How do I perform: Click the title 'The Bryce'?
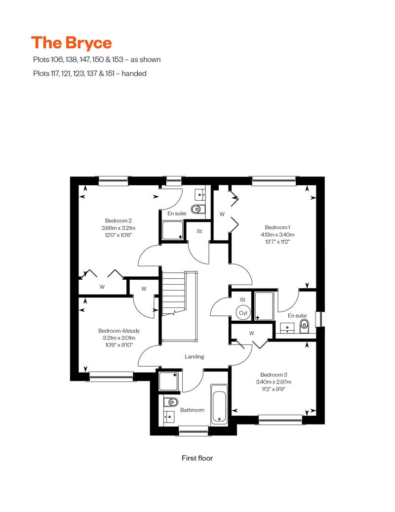(72, 43)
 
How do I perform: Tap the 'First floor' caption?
(197, 458)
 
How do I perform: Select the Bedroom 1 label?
(277, 227)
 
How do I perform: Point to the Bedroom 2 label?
(118, 221)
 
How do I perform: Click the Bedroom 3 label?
(274, 375)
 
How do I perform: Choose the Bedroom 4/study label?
(118, 331)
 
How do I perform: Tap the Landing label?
(195, 357)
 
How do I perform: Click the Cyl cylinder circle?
(243, 312)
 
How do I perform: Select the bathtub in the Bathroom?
(219, 404)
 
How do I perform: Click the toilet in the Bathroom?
(170, 402)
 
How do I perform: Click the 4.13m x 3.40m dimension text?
(277, 234)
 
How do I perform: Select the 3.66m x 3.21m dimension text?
(118, 228)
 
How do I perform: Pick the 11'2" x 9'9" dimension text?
(274, 389)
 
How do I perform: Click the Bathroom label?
(192, 410)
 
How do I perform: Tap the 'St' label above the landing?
(199, 231)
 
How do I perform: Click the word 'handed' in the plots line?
(134, 74)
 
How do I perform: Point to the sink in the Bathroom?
(169, 416)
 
